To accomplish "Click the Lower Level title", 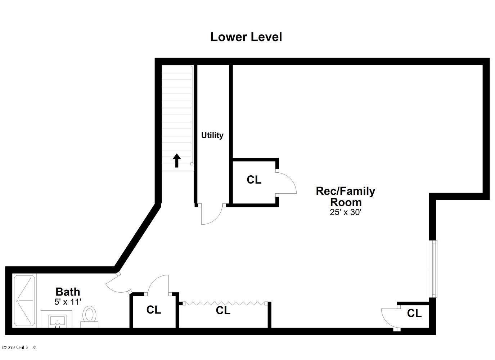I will click(246, 37).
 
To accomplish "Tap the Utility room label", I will click(212, 135).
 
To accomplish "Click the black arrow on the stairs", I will click(176, 160).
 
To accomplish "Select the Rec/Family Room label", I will click(345, 196).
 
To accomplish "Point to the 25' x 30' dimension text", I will click(345, 212).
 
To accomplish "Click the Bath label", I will click(68, 292).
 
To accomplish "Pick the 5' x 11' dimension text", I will click(68, 302).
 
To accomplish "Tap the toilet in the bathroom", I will click(89, 316).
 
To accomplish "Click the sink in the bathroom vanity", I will click(57, 320).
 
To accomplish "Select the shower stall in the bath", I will click(24, 301).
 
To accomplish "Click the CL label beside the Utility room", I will click(254, 180).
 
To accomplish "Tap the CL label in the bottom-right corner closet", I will click(414, 314).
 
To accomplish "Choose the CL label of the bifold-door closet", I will click(223, 311).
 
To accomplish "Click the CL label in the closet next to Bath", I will click(154, 310).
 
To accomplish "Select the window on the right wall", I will click(434, 269).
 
